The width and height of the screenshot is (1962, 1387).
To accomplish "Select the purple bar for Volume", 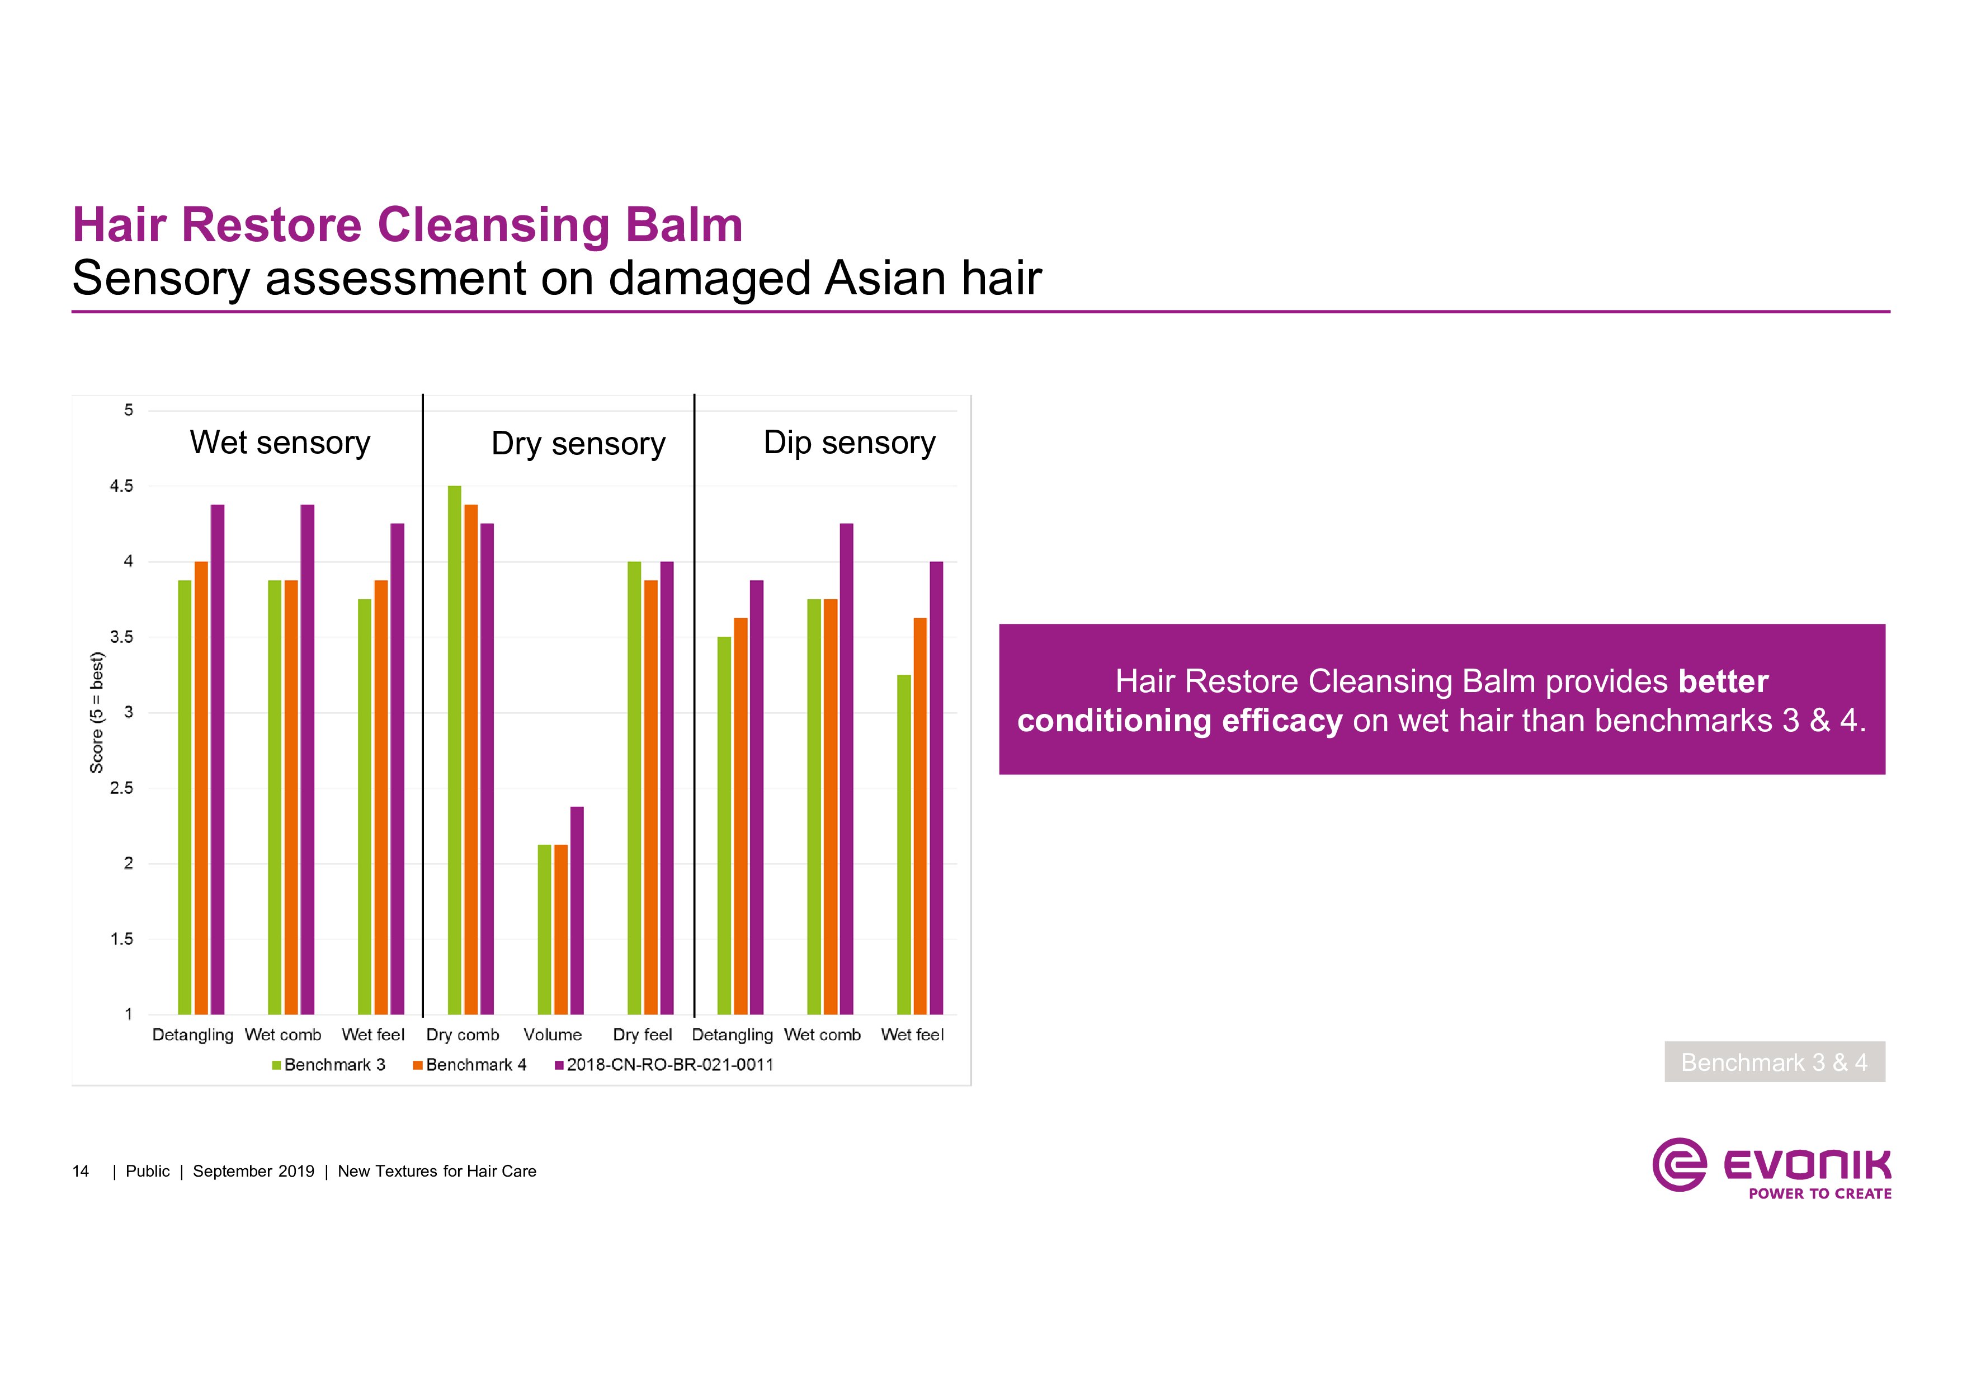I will (577, 910).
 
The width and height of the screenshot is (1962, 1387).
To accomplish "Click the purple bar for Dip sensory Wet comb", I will (846, 769).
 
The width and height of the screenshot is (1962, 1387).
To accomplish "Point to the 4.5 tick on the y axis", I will (121, 486).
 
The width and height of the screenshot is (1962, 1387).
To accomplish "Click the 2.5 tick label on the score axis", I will (121, 788).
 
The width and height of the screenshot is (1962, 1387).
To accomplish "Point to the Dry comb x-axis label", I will (463, 1035).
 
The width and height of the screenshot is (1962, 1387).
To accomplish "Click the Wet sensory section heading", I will (280, 443).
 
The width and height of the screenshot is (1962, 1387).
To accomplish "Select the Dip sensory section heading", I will (850, 443).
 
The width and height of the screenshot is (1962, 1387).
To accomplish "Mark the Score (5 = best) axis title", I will (97, 713).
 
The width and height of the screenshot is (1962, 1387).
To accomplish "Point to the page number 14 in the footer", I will (81, 1171).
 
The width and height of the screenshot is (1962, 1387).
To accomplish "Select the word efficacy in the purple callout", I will (1282, 721).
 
